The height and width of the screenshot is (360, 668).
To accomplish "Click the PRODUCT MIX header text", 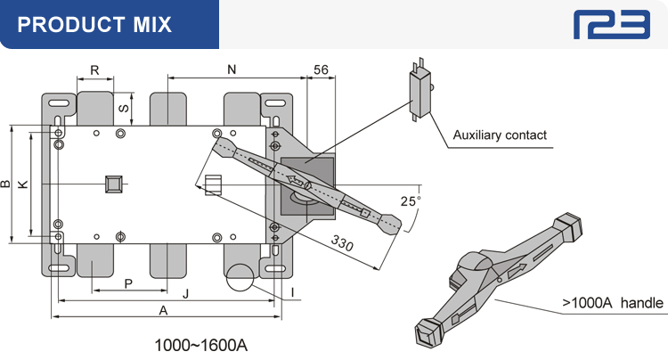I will click(x=94, y=24).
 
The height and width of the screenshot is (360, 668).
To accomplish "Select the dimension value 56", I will click(x=321, y=69).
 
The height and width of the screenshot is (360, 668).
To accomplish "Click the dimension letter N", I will click(x=232, y=69).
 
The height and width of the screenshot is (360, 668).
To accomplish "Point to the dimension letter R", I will click(x=94, y=69).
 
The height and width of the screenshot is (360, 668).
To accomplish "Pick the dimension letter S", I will click(x=124, y=108).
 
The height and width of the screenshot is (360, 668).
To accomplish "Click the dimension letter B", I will click(x=6, y=184).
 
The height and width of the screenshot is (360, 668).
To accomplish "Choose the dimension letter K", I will click(x=23, y=184).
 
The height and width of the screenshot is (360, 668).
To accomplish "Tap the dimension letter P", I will click(x=128, y=283).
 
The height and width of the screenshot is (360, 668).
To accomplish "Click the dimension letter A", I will click(x=163, y=310).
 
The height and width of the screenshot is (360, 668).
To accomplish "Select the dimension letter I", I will click(x=293, y=291).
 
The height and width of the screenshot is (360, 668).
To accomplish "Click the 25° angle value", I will click(x=410, y=201).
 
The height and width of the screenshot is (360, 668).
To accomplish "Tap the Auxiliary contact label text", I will click(x=500, y=135).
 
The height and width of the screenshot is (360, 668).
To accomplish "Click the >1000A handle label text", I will click(x=613, y=303).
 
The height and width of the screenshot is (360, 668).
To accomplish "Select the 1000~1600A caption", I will click(x=200, y=343).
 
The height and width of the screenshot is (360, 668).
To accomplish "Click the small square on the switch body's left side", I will click(x=113, y=184).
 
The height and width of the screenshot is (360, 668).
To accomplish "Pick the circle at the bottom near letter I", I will click(x=239, y=279).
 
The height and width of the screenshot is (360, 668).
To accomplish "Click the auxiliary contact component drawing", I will click(x=420, y=90).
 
